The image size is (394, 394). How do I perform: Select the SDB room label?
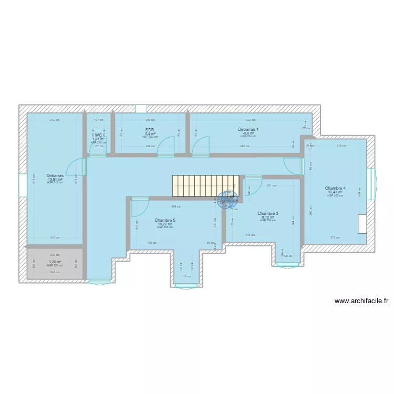pos(150,129)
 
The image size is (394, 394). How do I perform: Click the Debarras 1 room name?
pos(248,129)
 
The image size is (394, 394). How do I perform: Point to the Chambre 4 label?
pos(335,188)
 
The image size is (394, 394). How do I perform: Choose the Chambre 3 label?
pos(268,213)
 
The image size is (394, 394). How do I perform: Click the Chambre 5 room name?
pos(165,220)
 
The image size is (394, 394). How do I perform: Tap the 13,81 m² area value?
pos(55,179)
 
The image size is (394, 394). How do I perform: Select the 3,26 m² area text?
pos(55,262)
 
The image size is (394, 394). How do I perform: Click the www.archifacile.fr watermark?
pos(361,301)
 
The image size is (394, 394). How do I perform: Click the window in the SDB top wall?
pos(141,109)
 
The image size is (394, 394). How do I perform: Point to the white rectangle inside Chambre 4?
pos(362,224)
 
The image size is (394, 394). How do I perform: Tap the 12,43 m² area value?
pos(335,192)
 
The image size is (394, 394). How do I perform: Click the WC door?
pos(98,149)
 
